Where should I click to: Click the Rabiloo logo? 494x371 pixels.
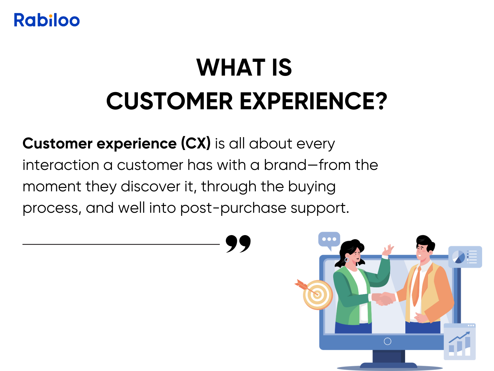[x=47, y=20]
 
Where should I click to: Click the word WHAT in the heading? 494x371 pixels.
[x=231, y=67]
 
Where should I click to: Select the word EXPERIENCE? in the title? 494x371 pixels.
[x=313, y=101]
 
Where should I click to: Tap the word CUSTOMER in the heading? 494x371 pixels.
[x=169, y=101]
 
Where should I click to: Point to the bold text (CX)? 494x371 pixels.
[x=196, y=143]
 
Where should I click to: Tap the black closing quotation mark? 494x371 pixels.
[x=238, y=244]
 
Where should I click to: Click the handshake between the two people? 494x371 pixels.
[x=383, y=299]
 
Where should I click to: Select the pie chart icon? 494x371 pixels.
[x=459, y=257]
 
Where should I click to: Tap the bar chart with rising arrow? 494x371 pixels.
[x=459, y=342]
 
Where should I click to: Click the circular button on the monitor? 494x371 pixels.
[x=387, y=341]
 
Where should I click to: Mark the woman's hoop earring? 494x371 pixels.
[x=347, y=260]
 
